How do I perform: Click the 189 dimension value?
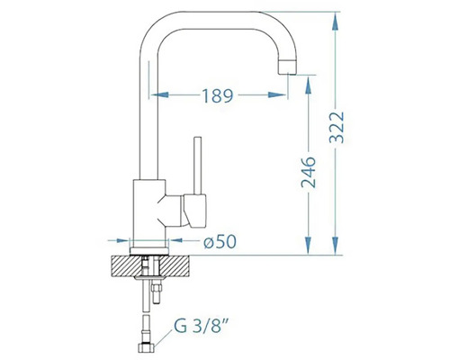point(218,96)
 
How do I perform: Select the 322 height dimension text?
point(337,128)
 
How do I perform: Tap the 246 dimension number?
point(309,172)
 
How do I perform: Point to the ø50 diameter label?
point(220,241)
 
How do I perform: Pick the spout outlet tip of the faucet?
point(287,67)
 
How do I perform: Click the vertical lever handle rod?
point(197,166)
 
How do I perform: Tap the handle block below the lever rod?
point(195,210)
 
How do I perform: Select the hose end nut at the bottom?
point(146,348)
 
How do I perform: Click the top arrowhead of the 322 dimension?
point(336,21)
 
